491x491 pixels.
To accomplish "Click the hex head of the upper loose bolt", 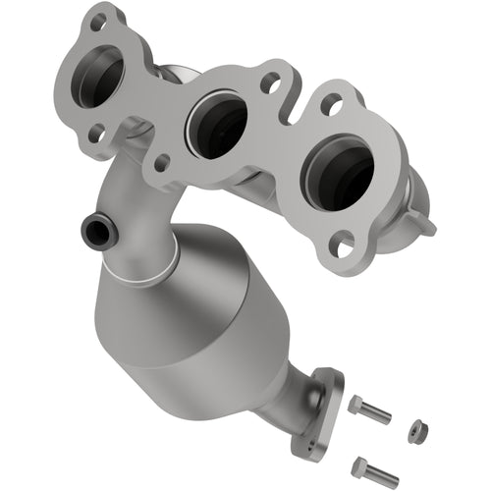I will (x=354, y=404).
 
